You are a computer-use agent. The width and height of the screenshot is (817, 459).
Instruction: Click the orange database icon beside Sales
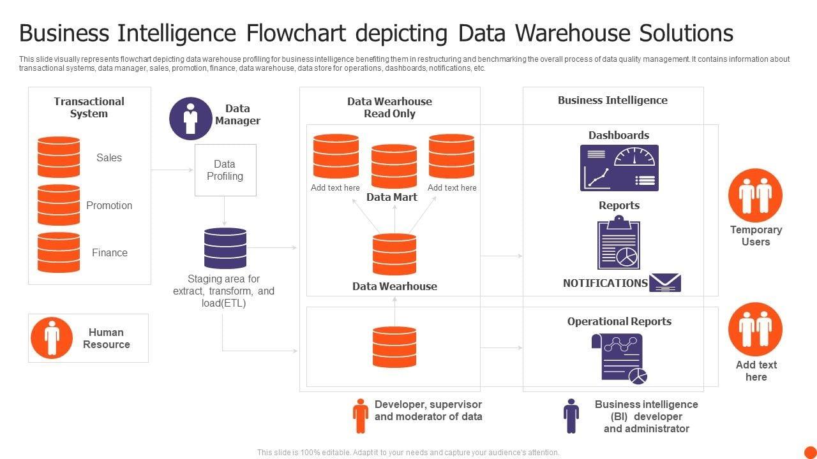59,157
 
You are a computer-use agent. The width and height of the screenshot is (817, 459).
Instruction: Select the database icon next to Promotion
59,205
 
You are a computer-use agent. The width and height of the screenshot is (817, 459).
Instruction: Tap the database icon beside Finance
59,252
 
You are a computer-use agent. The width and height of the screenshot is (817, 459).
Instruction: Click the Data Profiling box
225,170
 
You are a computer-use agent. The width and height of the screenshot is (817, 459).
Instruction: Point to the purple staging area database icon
225,248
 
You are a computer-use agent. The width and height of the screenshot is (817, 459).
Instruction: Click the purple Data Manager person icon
190,119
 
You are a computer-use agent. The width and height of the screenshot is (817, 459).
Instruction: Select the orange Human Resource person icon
52,338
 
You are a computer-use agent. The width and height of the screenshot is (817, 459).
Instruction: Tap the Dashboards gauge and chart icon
619,168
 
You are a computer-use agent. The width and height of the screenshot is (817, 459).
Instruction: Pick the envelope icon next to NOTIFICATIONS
665,282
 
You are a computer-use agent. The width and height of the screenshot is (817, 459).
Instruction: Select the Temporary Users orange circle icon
755,195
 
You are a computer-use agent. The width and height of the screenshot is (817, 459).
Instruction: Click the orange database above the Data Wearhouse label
394,254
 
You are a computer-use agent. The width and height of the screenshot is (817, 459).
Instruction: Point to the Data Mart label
392,197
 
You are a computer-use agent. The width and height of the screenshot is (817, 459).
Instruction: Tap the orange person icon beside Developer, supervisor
361,416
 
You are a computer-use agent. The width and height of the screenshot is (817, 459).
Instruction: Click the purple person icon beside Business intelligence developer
571,416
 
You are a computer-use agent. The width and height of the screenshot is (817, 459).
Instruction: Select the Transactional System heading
89,107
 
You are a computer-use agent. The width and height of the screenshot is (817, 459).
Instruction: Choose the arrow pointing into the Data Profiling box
173,170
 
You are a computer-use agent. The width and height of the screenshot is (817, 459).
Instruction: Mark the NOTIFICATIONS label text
605,283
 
